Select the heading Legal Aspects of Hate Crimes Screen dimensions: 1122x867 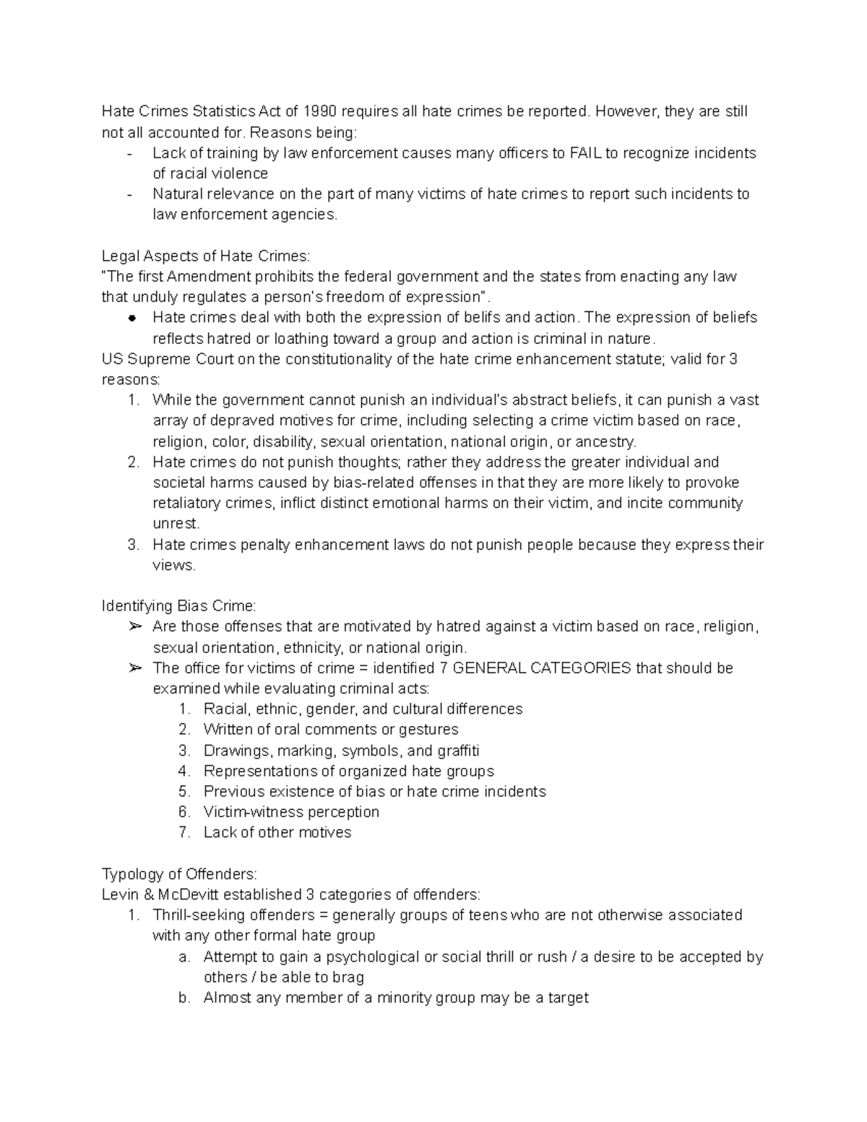pos(205,256)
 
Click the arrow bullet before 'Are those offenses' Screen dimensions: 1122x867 pos(134,626)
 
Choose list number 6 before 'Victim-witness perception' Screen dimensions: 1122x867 pos(184,812)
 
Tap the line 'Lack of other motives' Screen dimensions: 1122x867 pos(277,832)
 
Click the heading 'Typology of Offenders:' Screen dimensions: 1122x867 pos(179,874)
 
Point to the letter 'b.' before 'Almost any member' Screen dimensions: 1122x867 pos(184,998)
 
